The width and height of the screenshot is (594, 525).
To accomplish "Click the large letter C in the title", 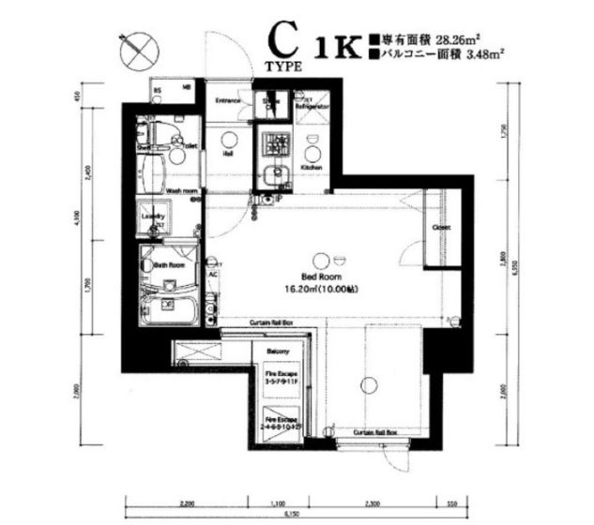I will (x=279, y=43).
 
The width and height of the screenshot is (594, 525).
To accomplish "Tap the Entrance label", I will (x=229, y=100).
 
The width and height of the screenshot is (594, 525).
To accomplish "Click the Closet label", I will (x=440, y=228).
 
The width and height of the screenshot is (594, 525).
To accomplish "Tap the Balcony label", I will (x=278, y=352).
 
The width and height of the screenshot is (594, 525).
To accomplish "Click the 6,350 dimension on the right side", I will (x=514, y=264).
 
